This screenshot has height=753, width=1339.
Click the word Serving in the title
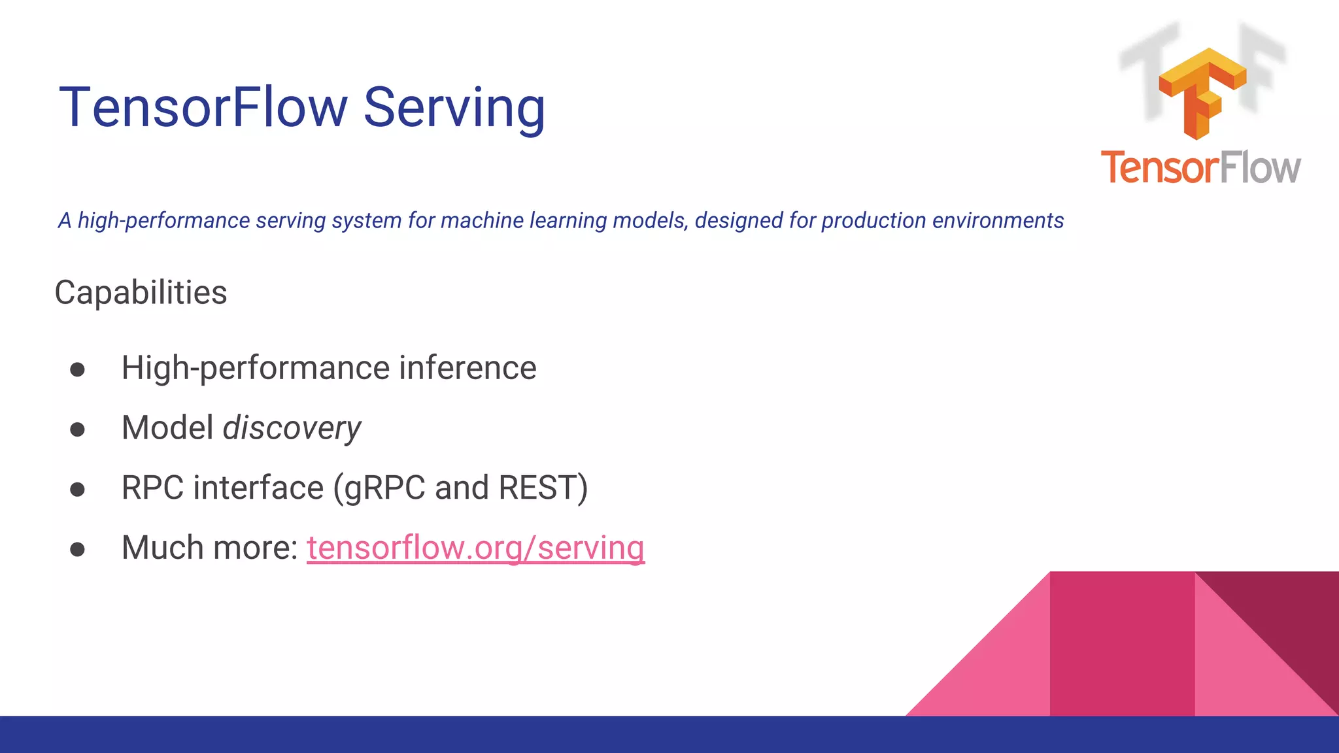tap(454, 108)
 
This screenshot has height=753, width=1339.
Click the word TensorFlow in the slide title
tap(203, 108)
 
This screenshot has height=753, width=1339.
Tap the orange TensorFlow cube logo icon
tap(1202, 92)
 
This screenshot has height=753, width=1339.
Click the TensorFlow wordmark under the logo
tap(1200, 167)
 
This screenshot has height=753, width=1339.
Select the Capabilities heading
tap(141, 292)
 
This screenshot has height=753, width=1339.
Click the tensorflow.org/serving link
tap(475, 548)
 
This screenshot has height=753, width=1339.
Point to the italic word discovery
tap(292, 428)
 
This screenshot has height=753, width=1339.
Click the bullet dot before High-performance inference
tap(77, 370)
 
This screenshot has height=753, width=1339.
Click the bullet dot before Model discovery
tap(77, 429)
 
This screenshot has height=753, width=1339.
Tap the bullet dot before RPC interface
tap(77, 490)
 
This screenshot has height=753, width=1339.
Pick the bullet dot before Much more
tap(77, 550)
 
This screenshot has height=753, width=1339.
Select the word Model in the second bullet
tap(167, 428)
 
